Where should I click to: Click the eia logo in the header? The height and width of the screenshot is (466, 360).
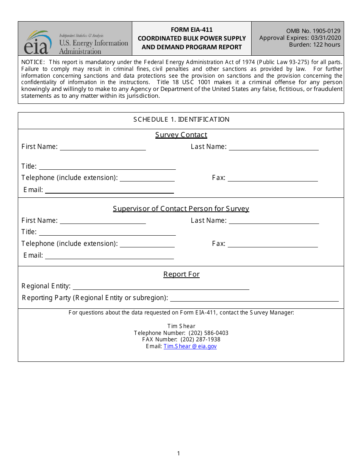[x=38, y=42]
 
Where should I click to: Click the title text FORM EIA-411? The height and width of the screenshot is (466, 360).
[x=191, y=30]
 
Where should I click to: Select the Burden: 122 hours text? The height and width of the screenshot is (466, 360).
[x=315, y=45]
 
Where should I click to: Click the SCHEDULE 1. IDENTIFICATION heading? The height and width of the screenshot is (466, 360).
[x=181, y=120]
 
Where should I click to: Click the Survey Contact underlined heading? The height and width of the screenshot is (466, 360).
[x=181, y=135]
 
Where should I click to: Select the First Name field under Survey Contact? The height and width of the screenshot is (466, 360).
[x=103, y=147]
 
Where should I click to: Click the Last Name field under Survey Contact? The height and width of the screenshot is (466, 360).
[x=274, y=147]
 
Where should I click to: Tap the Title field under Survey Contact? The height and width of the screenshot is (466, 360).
[x=107, y=166]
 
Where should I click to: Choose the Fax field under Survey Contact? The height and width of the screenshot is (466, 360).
[x=272, y=178]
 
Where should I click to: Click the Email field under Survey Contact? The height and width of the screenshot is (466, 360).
[x=109, y=190]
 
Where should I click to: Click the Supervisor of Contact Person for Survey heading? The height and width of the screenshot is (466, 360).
[x=181, y=209]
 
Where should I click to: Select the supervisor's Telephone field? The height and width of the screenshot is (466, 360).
[x=147, y=244]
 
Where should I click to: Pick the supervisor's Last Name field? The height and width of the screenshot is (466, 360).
[x=274, y=221]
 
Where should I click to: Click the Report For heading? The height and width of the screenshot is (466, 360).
[x=181, y=274]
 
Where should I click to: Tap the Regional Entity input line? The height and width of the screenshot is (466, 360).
[x=161, y=286]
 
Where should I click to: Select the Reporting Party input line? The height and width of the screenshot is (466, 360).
[x=254, y=298]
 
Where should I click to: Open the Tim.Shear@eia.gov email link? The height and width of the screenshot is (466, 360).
[x=190, y=346]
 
